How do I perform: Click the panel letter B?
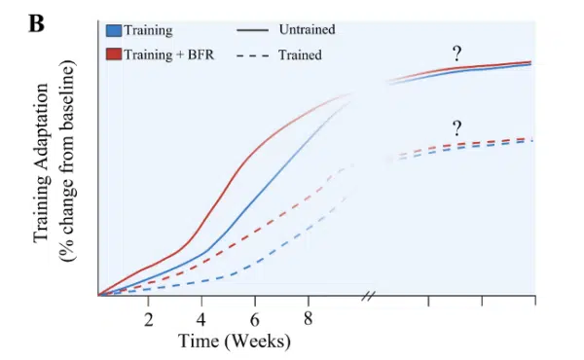36,22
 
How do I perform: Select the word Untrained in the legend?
307,30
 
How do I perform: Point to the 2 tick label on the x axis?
149,319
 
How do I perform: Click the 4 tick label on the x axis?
201,319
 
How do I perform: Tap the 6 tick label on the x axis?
254,319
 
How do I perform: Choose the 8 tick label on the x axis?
307,319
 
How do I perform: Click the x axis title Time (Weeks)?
234,342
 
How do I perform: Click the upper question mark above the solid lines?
456,54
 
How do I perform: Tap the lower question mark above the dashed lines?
456,127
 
